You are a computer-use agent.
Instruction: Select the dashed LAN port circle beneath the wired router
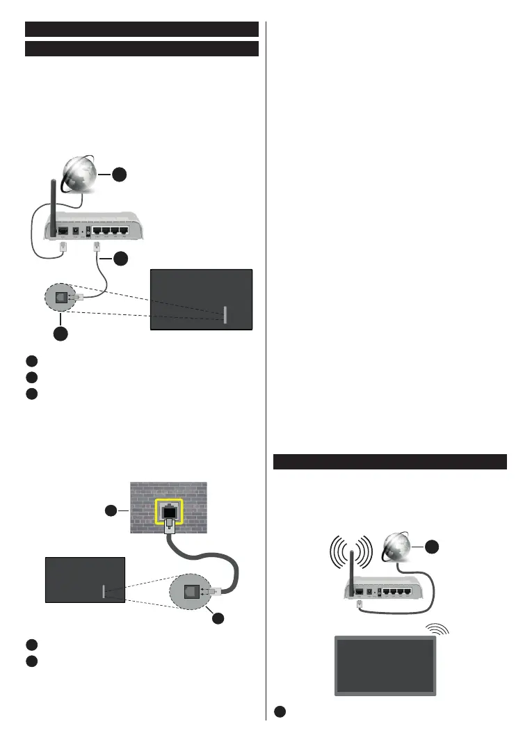pos(63,298)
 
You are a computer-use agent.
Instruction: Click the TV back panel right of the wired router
pos(201,299)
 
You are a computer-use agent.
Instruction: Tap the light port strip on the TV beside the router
pos(225,314)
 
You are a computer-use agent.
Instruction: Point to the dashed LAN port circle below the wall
pos(189,591)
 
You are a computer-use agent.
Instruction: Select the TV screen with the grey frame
pos(386,665)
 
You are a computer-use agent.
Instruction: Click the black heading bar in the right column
pos(389,462)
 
